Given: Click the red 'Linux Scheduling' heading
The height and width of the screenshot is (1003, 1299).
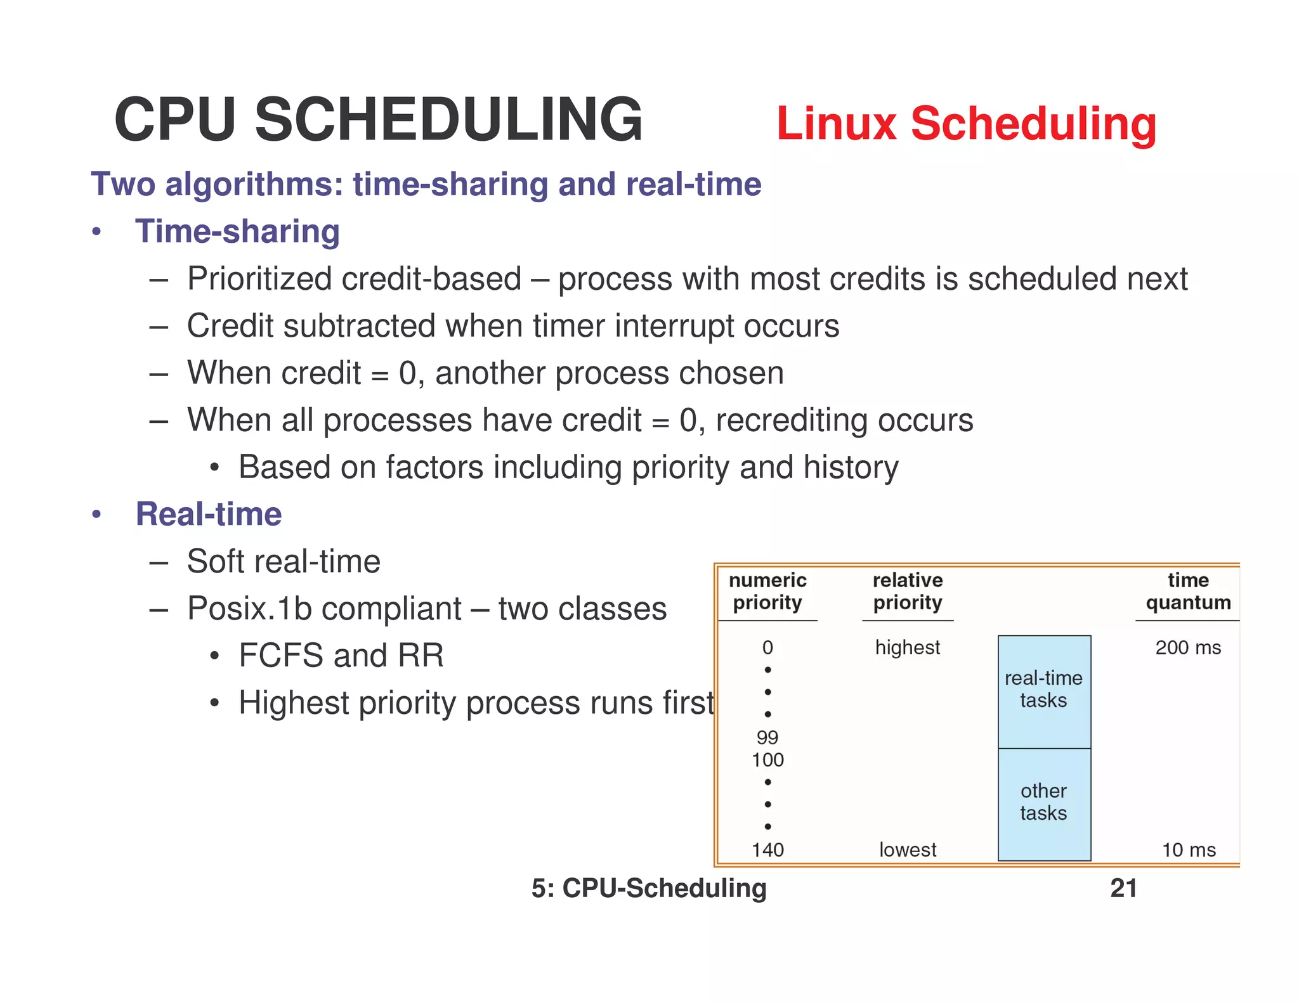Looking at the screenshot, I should pos(966,124).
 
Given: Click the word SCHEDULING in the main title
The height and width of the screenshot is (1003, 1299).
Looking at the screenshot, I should pos(448,120).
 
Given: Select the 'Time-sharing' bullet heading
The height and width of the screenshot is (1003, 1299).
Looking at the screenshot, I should pos(237,231).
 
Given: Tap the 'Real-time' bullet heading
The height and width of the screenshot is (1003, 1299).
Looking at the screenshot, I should pos(209,514).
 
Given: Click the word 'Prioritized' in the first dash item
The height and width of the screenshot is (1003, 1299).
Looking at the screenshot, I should pos(259,279).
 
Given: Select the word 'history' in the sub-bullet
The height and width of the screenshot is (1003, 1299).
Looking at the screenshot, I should pos(851,468).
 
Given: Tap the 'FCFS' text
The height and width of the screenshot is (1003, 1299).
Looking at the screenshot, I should pos(280,656).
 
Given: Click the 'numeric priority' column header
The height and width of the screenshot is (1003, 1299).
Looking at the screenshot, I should pos(767,591).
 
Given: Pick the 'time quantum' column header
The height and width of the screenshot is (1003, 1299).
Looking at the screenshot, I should pos(1188,591).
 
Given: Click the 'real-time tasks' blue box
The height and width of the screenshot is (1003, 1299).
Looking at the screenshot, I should pos(1044,690).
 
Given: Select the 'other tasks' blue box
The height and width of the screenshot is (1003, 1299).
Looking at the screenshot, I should pos(1044,803).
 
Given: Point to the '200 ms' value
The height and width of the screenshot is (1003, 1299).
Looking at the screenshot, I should pos(1188,647).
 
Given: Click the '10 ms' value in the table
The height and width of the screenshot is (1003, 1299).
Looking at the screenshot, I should pos(1189,850).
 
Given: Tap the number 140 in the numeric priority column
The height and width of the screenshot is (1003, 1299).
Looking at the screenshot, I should pos(767,850).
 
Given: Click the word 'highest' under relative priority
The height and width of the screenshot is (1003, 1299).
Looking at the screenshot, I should pos(907,647).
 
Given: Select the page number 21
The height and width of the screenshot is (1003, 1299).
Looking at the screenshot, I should pos(1123,888).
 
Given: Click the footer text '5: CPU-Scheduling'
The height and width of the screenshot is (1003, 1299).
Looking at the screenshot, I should pos(649,888).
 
